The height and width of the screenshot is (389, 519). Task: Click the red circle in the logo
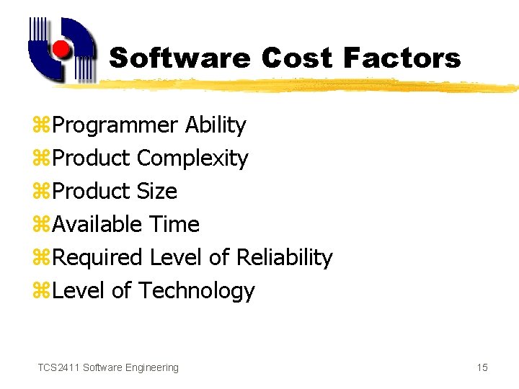point(62,50)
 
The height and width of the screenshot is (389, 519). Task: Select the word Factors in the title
point(402,58)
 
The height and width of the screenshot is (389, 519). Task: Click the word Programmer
point(115,125)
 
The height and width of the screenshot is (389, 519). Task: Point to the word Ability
point(216,125)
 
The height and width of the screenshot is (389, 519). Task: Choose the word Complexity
point(192,158)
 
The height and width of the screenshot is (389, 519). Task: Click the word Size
point(156,192)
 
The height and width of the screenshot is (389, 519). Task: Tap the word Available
point(97,225)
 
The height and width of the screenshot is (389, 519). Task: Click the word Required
point(98,258)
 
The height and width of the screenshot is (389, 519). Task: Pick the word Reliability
point(284,258)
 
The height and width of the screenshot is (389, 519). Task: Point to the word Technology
point(196,291)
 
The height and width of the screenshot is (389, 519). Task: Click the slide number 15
point(482,368)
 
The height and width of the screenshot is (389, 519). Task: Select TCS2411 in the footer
point(58,368)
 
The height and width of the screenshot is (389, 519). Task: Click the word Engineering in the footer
point(152,368)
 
